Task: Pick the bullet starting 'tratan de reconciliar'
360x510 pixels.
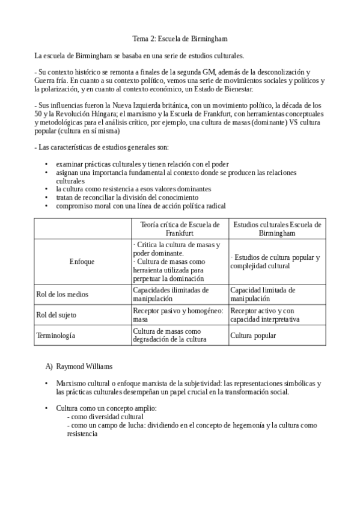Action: (x=127, y=197)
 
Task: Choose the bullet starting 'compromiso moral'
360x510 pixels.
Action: (x=141, y=206)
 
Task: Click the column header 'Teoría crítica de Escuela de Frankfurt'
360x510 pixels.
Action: (x=180, y=229)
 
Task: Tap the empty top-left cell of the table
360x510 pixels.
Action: (x=83, y=229)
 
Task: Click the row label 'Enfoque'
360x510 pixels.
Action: (x=82, y=262)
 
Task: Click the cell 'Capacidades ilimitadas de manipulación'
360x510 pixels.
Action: (x=171, y=294)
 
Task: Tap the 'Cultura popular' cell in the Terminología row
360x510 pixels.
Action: (x=254, y=335)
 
